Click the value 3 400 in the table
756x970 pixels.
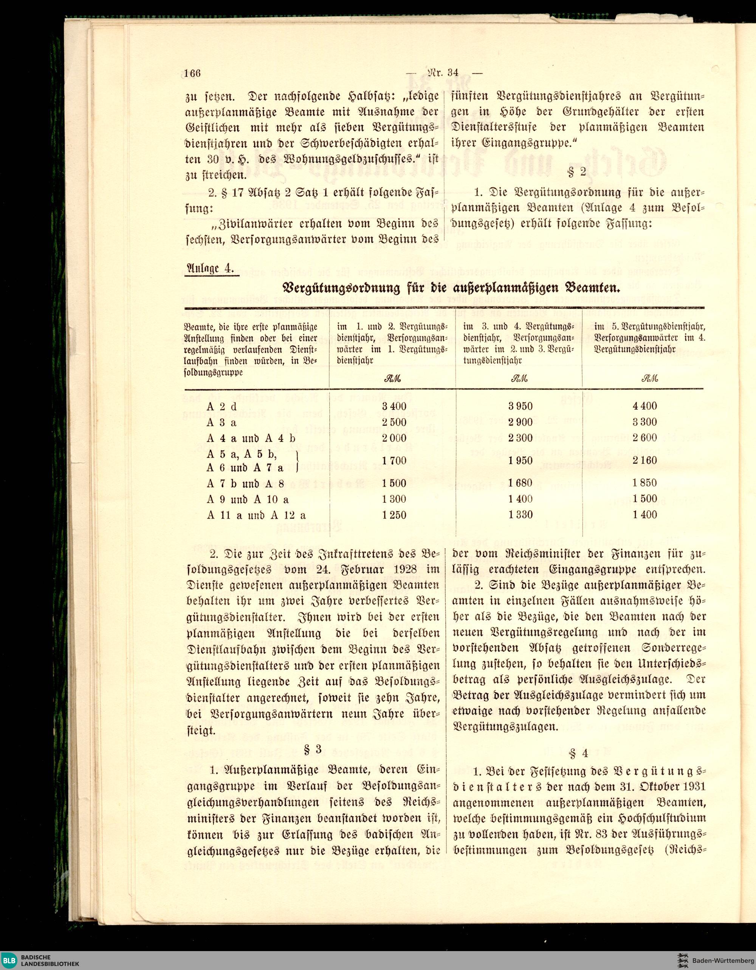point(394,406)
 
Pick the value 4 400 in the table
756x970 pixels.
point(645,406)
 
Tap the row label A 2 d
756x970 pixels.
point(222,407)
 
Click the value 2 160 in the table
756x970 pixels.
point(645,460)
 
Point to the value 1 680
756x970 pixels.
point(521,483)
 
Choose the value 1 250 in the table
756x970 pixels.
point(394,515)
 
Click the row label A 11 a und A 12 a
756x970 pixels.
point(256,515)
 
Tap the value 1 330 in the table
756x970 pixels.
point(521,515)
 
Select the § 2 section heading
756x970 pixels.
point(577,173)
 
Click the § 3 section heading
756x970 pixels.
point(312,749)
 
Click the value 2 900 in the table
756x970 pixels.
point(521,422)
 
